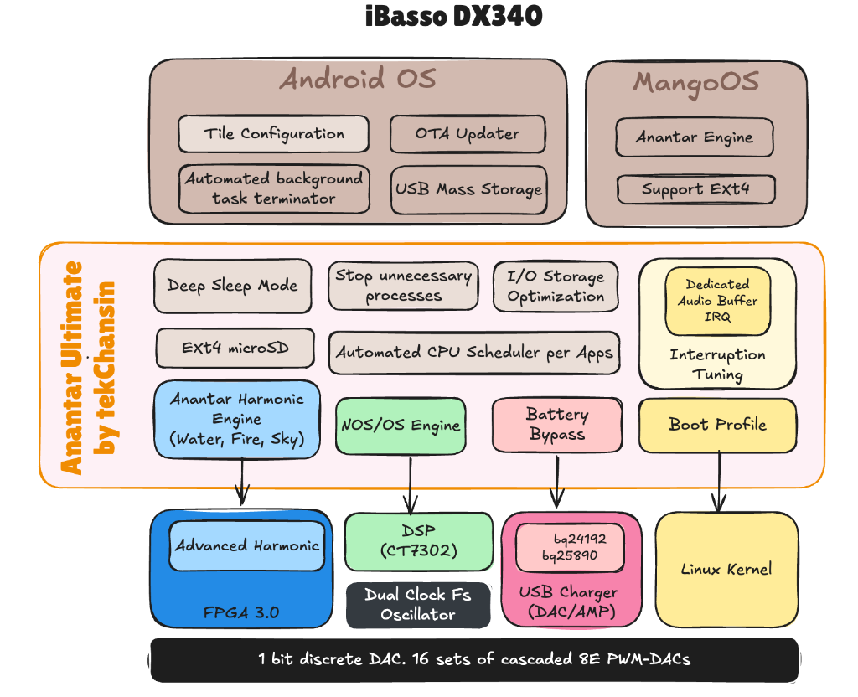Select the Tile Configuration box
273,134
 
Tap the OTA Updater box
468,134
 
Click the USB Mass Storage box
468,188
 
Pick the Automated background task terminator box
273,188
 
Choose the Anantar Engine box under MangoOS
694,137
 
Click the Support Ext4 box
695,189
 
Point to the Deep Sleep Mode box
232,285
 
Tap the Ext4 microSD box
235,348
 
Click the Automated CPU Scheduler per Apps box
474,352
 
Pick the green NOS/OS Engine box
401,426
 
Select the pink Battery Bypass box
557,425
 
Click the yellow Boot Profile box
717,425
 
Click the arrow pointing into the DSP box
411,484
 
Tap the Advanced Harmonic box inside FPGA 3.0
247,545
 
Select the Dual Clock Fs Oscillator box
417,605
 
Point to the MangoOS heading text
695,82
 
